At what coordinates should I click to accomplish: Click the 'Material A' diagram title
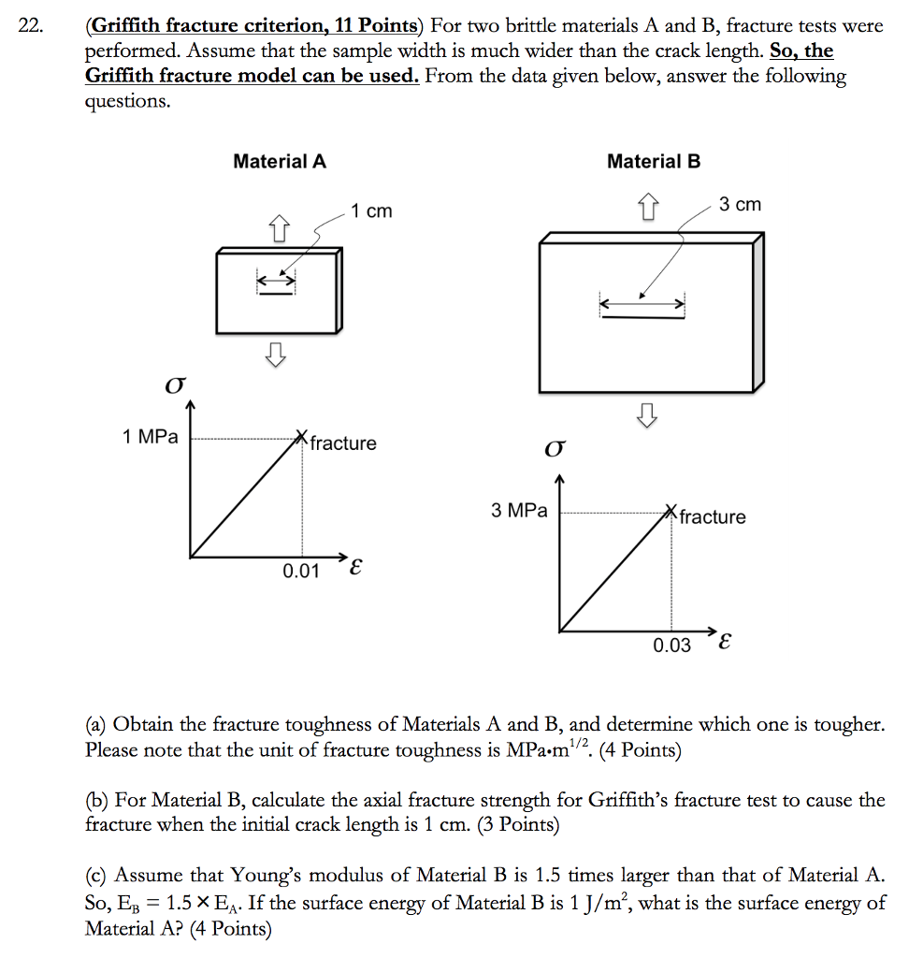click(280, 161)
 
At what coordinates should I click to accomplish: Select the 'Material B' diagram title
click(654, 161)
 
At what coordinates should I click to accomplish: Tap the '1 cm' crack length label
click(371, 211)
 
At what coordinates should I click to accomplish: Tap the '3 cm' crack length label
click(740, 204)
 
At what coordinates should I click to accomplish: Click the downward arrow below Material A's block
click(275, 353)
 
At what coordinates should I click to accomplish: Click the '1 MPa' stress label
click(150, 436)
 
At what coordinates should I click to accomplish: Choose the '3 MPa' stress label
click(519, 511)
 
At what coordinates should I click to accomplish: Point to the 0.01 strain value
click(301, 571)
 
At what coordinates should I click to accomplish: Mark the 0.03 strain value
click(671, 646)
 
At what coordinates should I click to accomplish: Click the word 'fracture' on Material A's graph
click(343, 443)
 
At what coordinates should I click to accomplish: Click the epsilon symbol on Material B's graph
click(727, 644)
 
